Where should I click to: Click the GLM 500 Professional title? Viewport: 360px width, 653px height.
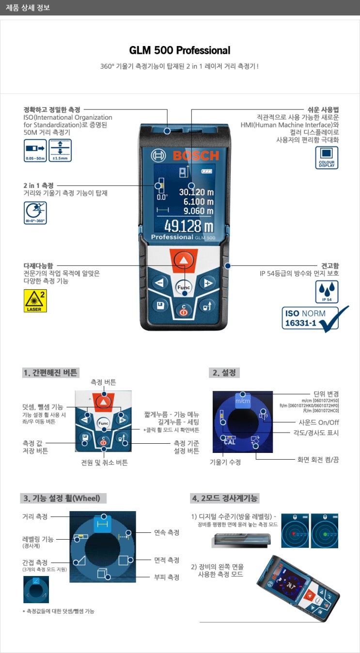180,50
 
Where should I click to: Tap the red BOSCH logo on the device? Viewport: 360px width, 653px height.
196,155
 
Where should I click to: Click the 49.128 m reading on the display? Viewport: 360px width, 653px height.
188,226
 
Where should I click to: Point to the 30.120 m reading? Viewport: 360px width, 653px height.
196,192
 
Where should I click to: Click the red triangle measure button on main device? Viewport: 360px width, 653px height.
183,261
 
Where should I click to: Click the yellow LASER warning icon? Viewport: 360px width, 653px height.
35,301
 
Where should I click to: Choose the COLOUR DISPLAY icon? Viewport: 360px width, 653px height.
327,157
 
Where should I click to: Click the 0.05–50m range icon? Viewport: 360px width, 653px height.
35,150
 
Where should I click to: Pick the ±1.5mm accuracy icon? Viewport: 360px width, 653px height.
60,150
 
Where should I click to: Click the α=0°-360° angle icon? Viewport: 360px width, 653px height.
35,213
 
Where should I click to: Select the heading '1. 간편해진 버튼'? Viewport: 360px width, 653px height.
50,373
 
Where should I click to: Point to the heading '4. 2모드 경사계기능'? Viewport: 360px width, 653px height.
225,498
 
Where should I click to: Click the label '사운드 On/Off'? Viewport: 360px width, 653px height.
318,422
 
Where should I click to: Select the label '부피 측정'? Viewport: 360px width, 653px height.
167,577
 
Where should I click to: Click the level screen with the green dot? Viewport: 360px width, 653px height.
325,531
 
